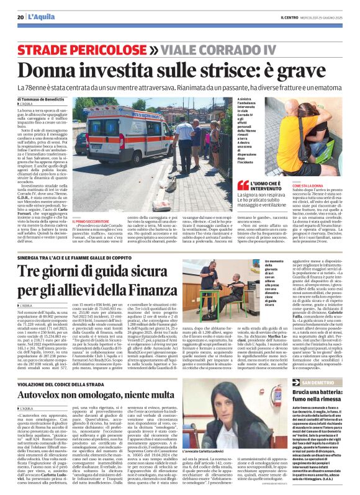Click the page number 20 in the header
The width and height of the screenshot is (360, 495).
(x=20, y=16)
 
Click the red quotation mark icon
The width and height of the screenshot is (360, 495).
(x=243, y=184)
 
